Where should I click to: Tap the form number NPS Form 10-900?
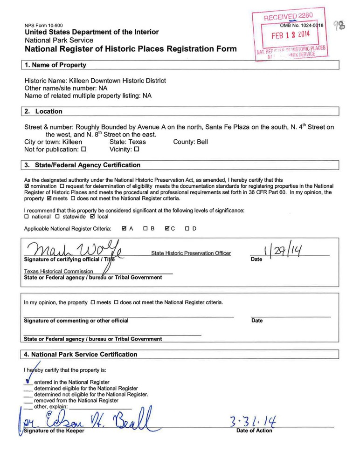44,25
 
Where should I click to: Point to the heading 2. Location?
43,111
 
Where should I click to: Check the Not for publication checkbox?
84,150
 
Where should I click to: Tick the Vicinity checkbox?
137,150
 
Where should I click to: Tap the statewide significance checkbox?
57,217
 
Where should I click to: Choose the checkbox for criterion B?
145,229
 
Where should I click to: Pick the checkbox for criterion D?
187,229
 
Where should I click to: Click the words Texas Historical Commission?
59,271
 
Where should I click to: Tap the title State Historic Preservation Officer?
191,253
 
